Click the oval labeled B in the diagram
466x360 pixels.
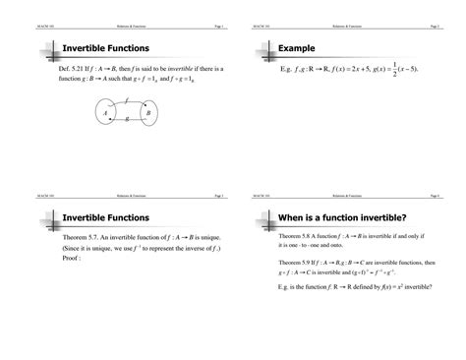point(147,113)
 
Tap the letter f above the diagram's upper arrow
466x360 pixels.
point(126,100)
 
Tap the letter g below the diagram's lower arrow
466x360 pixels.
point(127,120)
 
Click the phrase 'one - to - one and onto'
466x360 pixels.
point(320,246)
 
